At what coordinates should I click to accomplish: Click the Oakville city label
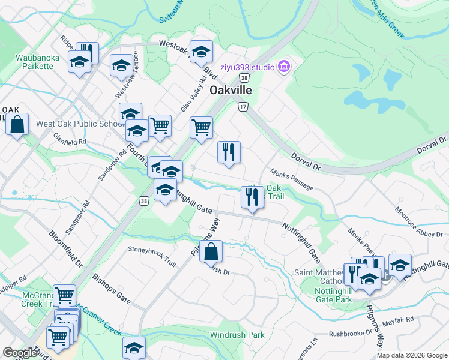click(x=230, y=91)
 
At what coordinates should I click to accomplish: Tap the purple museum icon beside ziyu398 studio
click(x=285, y=66)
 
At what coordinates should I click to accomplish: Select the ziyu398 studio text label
click(x=247, y=66)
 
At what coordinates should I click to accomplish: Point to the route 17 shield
click(x=243, y=106)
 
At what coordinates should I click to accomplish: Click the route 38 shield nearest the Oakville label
click(x=243, y=78)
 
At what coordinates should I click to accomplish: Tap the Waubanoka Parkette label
click(x=35, y=62)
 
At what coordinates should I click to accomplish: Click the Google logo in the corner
click(x=20, y=353)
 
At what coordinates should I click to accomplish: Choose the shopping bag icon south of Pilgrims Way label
click(x=211, y=251)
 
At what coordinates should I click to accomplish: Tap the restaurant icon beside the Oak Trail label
click(x=252, y=197)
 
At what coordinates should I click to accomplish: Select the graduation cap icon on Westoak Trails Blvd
click(x=202, y=52)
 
